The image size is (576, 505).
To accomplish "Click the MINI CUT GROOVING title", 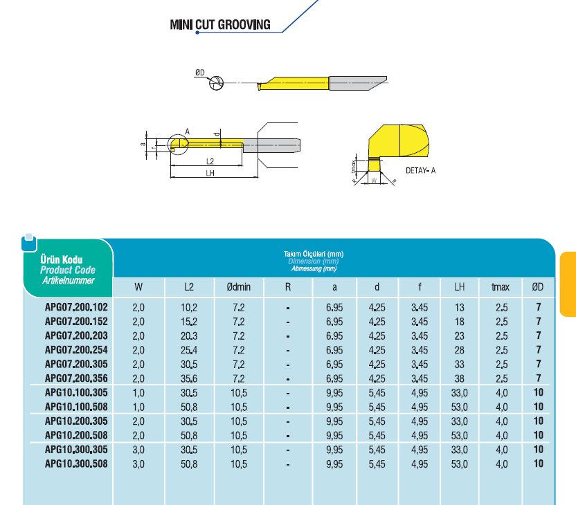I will (x=220, y=25).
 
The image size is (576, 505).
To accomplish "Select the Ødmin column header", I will (x=239, y=286).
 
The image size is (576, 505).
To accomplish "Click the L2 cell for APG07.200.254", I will (x=190, y=349).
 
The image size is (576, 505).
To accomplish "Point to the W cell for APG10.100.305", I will (x=138, y=392).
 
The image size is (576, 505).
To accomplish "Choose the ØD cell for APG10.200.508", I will (x=538, y=435).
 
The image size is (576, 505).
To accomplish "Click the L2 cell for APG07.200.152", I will (x=190, y=320).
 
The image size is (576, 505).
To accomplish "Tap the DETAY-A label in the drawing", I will (x=420, y=169).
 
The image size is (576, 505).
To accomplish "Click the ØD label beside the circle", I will (x=201, y=72).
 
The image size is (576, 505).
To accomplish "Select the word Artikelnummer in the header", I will (x=67, y=280).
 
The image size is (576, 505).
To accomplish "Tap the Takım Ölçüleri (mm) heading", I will (x=313, y=254).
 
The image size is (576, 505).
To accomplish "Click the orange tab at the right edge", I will (x=567, y=283).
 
